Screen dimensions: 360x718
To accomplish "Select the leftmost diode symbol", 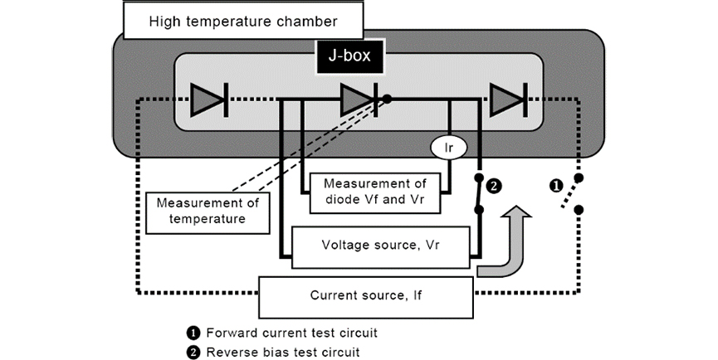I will (208, 100).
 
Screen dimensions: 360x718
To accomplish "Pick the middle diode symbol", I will (359, 100).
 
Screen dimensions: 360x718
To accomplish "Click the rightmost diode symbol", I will (507, 100).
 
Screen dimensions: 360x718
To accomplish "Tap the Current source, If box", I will (365, 295).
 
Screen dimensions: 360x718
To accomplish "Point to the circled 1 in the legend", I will (193, 333).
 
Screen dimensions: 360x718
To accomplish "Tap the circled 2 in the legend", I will (193, 351).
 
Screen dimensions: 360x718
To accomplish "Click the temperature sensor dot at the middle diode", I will (387, 99).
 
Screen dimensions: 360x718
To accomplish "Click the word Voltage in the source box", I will (343, 246).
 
